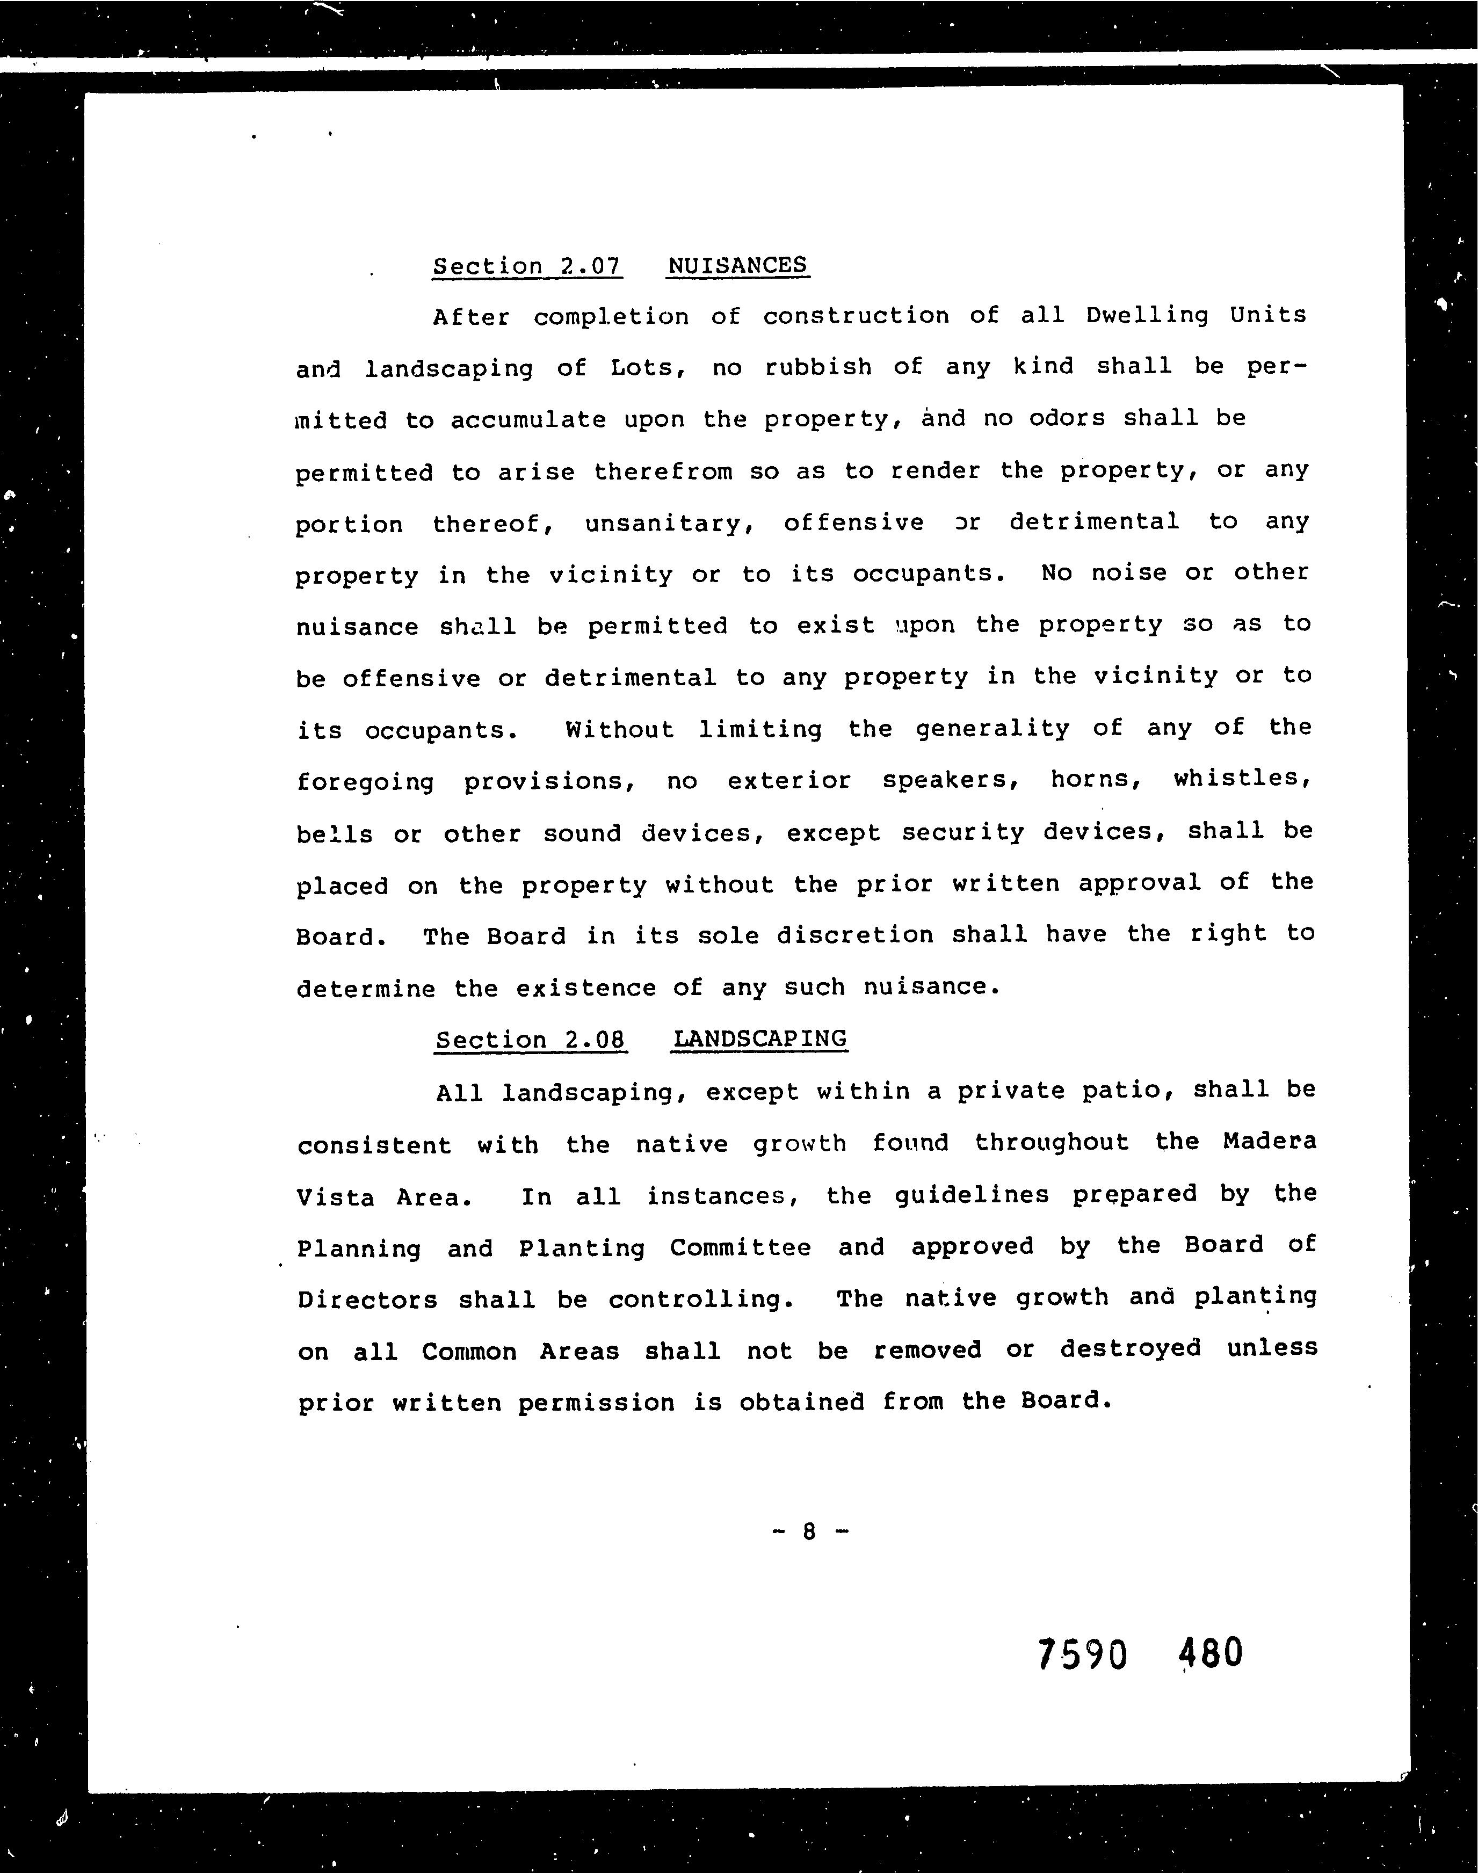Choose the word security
962,832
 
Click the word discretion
854,935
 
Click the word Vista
336,1197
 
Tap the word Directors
367,1300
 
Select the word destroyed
1130,1349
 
